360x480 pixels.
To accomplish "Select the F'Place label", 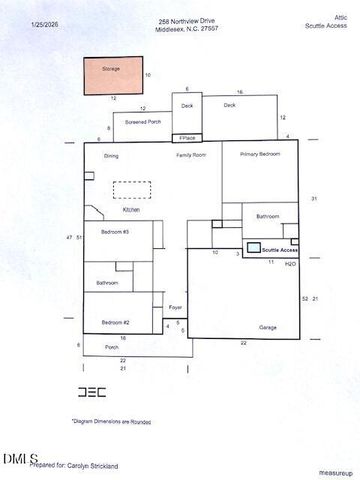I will (186, 138).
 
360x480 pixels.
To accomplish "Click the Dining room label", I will (111, 156).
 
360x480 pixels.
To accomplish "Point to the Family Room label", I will (191, 156).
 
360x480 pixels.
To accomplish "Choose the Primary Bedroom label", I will (259, 155).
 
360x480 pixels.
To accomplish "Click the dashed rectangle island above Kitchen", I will (133, 190).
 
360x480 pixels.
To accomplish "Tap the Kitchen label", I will (132, 210).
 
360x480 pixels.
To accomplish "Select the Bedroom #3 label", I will (114, 232).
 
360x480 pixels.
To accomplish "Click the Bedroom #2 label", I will (114, 322).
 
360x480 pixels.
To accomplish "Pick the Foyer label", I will (175, 307).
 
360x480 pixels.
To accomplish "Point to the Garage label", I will (268, 327).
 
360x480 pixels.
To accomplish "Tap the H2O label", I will (290, 264).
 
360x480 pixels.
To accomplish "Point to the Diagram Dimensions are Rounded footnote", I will (111, 422).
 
